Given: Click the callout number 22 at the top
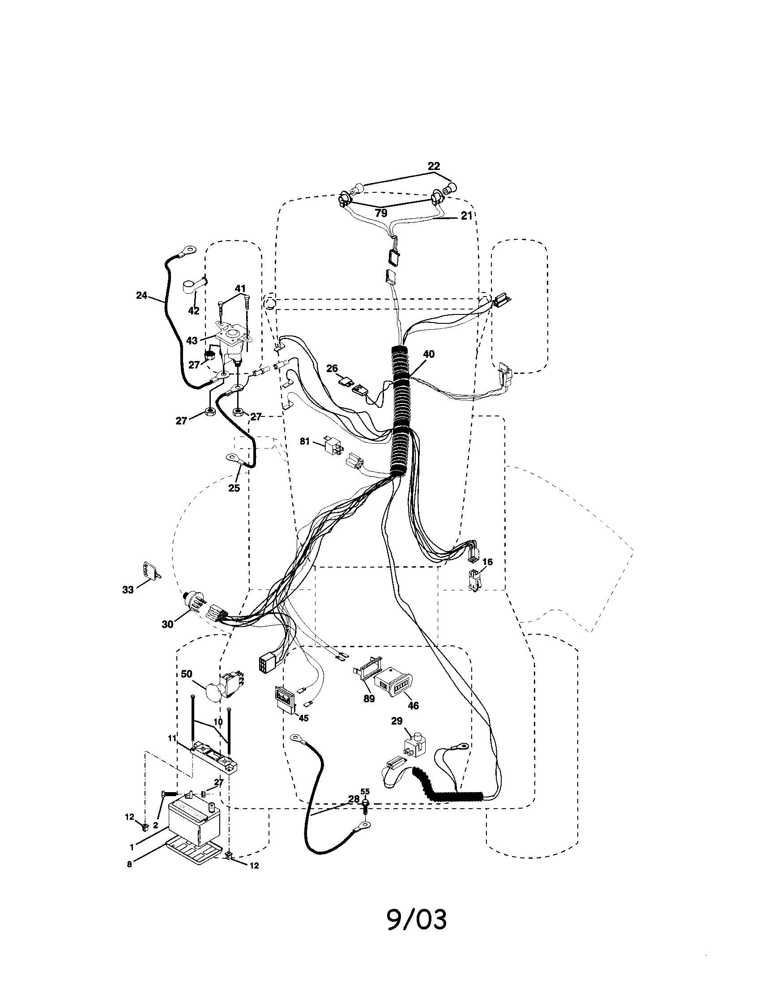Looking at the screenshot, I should coord(433,166).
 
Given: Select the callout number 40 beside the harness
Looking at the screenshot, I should coord(429,354).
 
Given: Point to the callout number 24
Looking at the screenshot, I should coord(141,296).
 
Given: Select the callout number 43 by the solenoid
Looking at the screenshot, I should coord(192,341).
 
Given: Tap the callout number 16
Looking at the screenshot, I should coord(487,562).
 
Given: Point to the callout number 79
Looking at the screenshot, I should coord(381,213).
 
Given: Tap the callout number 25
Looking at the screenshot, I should coord(234,488).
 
